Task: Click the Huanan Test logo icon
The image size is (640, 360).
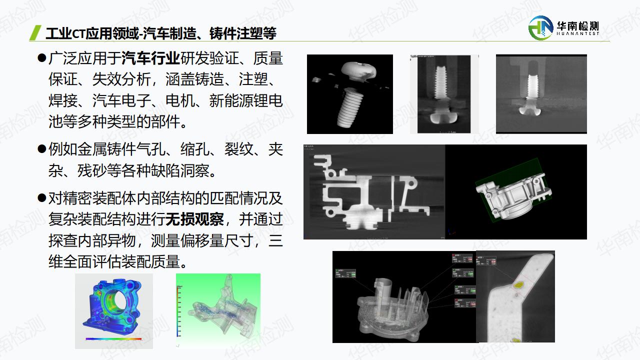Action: [541, 27]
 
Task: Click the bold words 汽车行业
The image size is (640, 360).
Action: [150, 58]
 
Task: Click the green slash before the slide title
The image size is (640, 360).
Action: [35, 32]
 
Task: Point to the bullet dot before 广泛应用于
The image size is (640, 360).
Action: [41, 58]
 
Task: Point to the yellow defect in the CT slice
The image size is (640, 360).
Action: [519, 285]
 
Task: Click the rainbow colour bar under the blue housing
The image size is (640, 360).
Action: [113, 339]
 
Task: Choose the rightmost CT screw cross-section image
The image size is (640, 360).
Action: [541, 94]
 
